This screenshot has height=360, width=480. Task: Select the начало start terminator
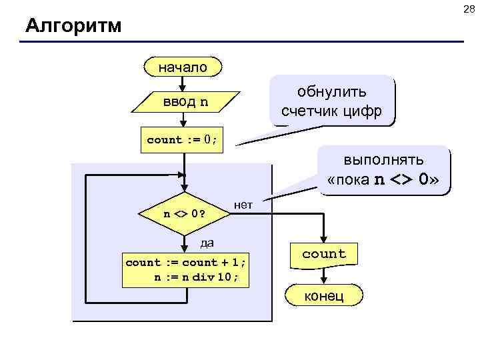pyautogui.click(x=183, y=67)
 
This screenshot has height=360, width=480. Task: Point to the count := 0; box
pyautogui.click(x=183, y=140)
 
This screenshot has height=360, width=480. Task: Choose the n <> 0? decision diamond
pyautogui.click(x=183, y=215)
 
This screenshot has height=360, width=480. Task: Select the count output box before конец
pyautogui.click(x=324, y=254)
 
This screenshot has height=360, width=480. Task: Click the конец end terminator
pyautogui.click(x=324, y=295)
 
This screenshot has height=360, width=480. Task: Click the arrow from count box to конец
pyautogui.click(x=324, y=275)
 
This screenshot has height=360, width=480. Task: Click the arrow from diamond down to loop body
pyautogui.click(x=183, y=243)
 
